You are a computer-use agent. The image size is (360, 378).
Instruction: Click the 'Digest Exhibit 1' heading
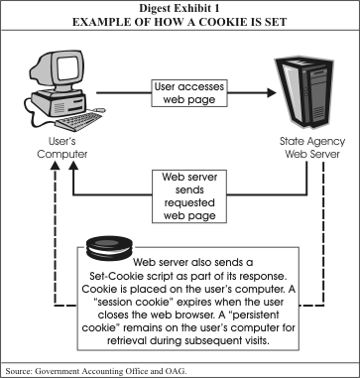pos(180,8)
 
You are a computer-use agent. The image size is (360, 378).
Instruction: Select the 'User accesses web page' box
pos(189,93)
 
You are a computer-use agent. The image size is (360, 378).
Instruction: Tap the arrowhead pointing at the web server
pos(272,93)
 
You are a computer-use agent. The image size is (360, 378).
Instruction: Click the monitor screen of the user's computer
pos(67,67)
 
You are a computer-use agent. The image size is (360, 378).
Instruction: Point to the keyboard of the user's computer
pos(79,121)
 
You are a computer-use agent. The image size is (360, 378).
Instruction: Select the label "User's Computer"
pos(62,148)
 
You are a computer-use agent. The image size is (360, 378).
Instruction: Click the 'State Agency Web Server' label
pos(312,148)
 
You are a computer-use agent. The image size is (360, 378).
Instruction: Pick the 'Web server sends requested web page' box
pos(189,196)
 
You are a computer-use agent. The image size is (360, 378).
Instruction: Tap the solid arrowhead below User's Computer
pos(73,166)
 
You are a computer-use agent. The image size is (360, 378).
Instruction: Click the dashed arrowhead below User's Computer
pos(56,166)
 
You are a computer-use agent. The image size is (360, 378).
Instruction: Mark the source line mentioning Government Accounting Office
pos(96,370)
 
